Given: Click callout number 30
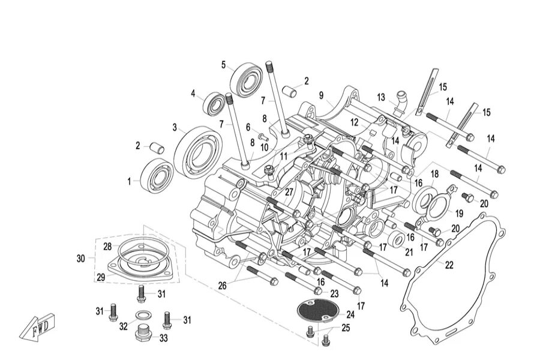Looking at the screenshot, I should pyautogui.click(x=81, y=259).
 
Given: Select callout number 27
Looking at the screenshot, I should pyautogui.click(x=289, y=192).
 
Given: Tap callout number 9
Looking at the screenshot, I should pyautogui.click(x=321, y=95).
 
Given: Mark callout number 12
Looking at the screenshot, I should pyautogui.click(x=355, y=122).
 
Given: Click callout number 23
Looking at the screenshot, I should pyautogui.click(x=334, y=293).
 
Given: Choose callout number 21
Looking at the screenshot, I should pyautogui.click(x=409, y=253).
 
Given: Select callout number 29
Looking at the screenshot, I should pyautogui.click(x=101, y=277).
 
